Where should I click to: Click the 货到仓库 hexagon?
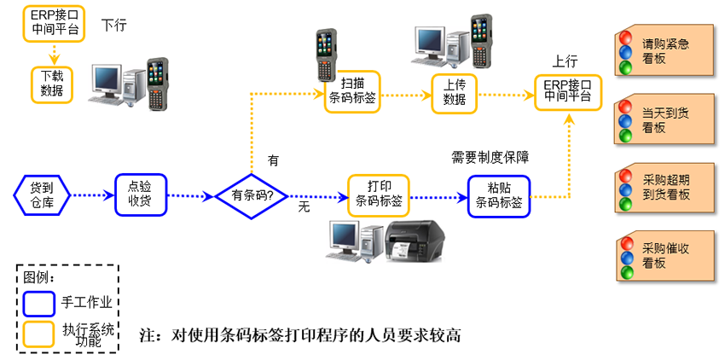click(41, 195)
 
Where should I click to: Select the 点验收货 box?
click(141, 195)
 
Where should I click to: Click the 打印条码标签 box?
click(378, 195)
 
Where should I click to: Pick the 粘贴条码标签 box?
click(499, 196)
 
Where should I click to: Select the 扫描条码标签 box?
click(351, 91)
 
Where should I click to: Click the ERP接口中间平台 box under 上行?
click(567, 90)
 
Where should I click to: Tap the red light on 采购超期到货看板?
click(625, 176)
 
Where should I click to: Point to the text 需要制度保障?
click(490, 158)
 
